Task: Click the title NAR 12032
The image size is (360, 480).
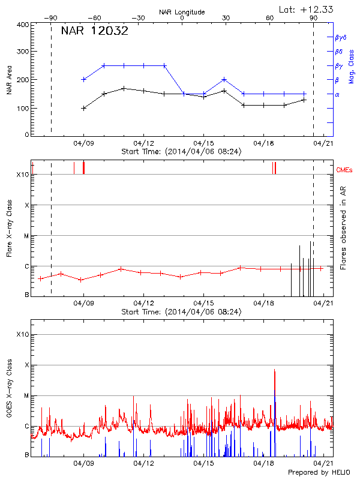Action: pos(95,31)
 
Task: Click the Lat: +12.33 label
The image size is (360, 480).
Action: pos(307,9)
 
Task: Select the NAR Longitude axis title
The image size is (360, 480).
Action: pos(182,12)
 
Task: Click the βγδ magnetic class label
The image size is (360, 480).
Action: pos(340,37)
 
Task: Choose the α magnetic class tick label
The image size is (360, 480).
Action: pos(337,94)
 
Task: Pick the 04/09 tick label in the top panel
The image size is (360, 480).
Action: pos(83,143)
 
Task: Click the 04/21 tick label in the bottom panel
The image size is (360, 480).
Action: pos(323,464)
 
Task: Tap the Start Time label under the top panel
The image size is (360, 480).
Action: pos(181,152)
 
